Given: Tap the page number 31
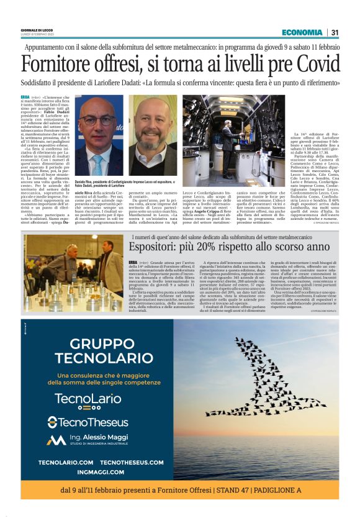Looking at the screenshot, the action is (335, 33).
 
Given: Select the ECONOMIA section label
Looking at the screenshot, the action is (301, 33).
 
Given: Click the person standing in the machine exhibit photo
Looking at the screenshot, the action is (229, 135).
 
